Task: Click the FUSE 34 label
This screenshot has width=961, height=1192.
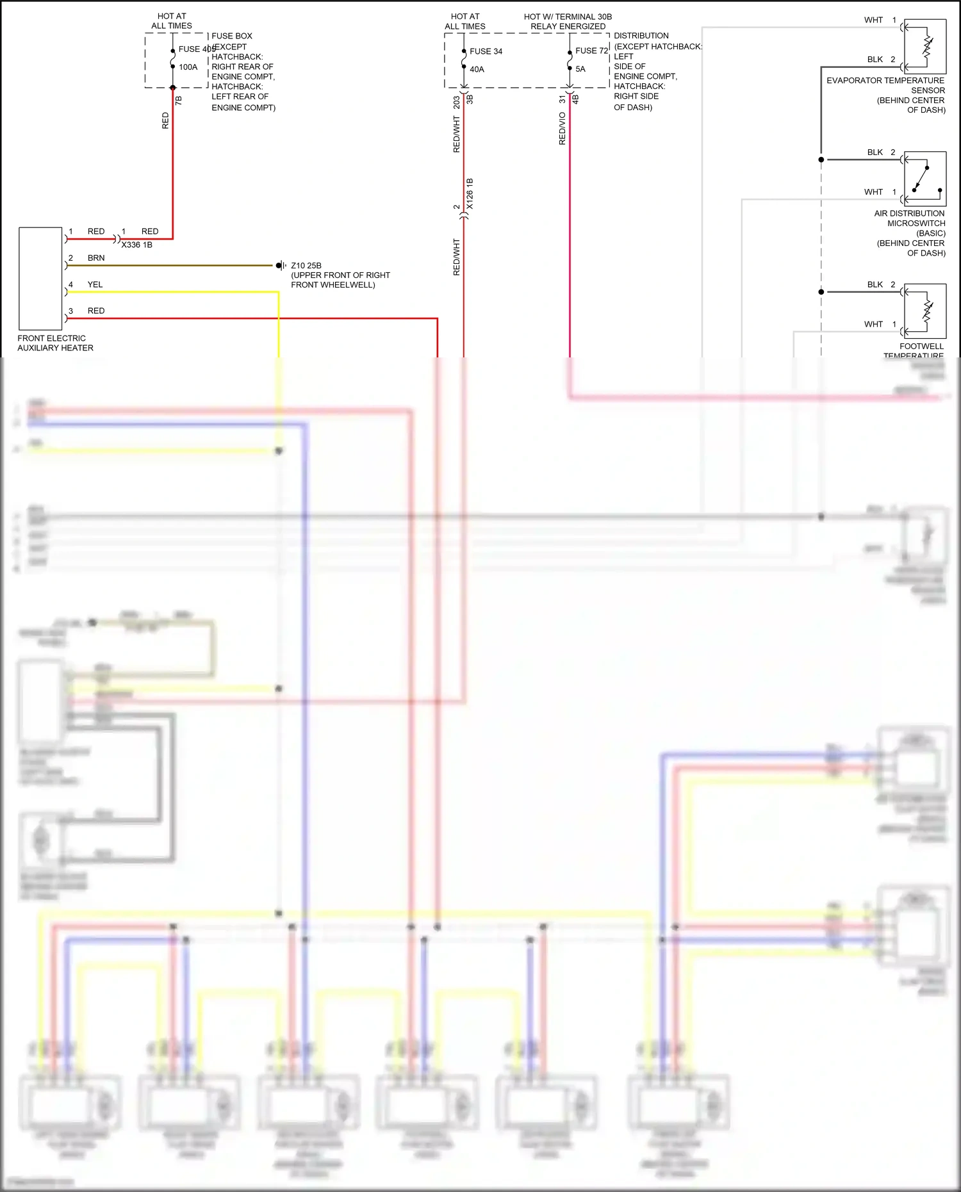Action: tap(486, 51)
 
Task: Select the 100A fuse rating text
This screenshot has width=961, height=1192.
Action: tap(188, 67)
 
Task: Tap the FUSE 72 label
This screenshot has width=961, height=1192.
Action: tap(591, 51)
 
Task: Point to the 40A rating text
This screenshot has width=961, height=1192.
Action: tap(477, 69)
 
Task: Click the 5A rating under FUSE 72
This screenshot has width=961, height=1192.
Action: tap(580, 69)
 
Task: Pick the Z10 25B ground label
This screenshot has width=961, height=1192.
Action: tap(306, 265)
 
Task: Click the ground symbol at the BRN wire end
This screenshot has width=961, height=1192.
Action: tap(280, 265)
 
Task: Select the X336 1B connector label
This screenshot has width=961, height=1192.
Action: tap(136, 245)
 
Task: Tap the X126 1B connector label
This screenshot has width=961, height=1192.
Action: tap(470, 193)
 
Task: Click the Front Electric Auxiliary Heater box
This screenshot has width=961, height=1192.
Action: tap(40, 278)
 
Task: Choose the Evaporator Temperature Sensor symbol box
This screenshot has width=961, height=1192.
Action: tap(924, 46)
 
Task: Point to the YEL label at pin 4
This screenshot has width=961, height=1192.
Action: tap(95, 284)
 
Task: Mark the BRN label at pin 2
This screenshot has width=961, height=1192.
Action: tap(96, 258)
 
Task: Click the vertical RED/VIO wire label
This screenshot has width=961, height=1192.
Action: tap(562, 128)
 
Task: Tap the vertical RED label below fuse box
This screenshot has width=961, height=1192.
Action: tap(165, 120)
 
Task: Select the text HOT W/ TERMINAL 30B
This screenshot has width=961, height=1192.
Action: tap(568, 17)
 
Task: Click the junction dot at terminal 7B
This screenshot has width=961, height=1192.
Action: tap(173, 88)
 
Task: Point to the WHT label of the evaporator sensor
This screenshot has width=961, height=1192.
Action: tap(873, 20)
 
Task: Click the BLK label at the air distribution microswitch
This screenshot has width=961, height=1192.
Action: tap(875, 152)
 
